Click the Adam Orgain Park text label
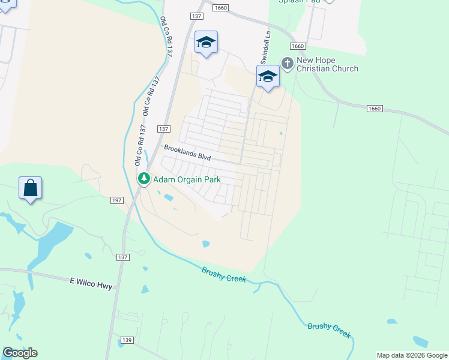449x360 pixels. [x=187, y=179]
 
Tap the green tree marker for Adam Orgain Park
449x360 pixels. [x=144, y=178]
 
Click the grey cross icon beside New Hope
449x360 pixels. [x=288, y=62]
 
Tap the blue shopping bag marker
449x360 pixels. [x=31, y=188]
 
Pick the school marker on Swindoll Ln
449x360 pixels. [x=268, y=77]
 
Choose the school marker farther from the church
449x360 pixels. [x=206, y=43]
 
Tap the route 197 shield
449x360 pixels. [x=116, y=200]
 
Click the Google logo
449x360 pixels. [x=20, y=353]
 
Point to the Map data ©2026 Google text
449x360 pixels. [x=412, y=355]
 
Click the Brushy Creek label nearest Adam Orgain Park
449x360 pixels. [x=224, y=275]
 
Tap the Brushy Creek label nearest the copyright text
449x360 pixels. [x=329, y=330]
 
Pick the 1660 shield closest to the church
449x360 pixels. [x=298, y=46]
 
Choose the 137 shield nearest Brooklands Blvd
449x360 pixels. [x=164, y=129]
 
